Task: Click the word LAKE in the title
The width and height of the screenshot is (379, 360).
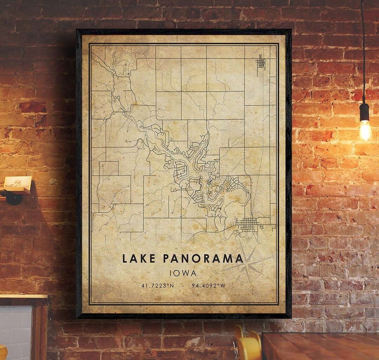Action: click(x=139, y=258)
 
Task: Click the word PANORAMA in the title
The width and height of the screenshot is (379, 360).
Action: click(x=203, y=258)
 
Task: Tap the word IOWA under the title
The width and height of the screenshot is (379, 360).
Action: click(x=183, y=273)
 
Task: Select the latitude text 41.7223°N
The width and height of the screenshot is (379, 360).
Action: click(x=158, y=286)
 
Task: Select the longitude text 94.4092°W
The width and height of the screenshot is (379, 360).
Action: click(x=208, y=286)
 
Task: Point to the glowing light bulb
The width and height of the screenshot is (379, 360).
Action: click(x=365, y=130)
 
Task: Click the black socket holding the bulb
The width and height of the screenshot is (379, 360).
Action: click(x=365, y=112)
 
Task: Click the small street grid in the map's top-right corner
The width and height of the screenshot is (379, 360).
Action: click(x=260, y=62)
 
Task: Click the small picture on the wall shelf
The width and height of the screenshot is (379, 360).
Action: click(x=18, y=182)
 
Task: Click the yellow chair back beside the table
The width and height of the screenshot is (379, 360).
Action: click(x=247, y=346)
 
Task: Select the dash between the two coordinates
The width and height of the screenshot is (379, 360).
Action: click(x=183, y=286)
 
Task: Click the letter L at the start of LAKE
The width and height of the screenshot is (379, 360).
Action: click(x=125, y=258)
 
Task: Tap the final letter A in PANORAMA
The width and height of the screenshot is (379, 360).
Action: click(x=239, y=258)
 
